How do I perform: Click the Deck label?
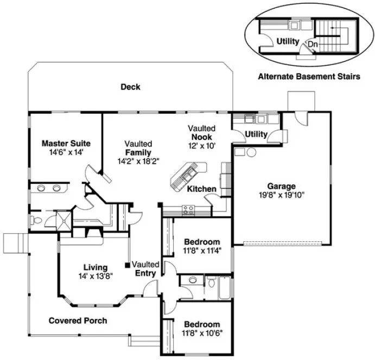coord(130,87)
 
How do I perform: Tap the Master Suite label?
coord(65,144)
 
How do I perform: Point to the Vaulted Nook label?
coord(202,137)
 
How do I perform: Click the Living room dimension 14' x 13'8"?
coord(95,277)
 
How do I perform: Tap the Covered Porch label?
coord(78,320)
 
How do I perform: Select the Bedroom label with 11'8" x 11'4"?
coord(202,242)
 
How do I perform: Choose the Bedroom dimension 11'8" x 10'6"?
coord(202,333)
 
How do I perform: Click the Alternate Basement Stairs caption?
coord(308,77)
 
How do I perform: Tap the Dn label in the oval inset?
coord(313,44)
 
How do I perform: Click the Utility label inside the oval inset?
coord(288,41)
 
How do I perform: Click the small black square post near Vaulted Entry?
coord(127,265)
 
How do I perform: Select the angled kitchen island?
coord(185,175)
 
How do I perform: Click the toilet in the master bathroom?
coord(35,221)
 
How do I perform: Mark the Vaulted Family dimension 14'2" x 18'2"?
coord(138,161)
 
